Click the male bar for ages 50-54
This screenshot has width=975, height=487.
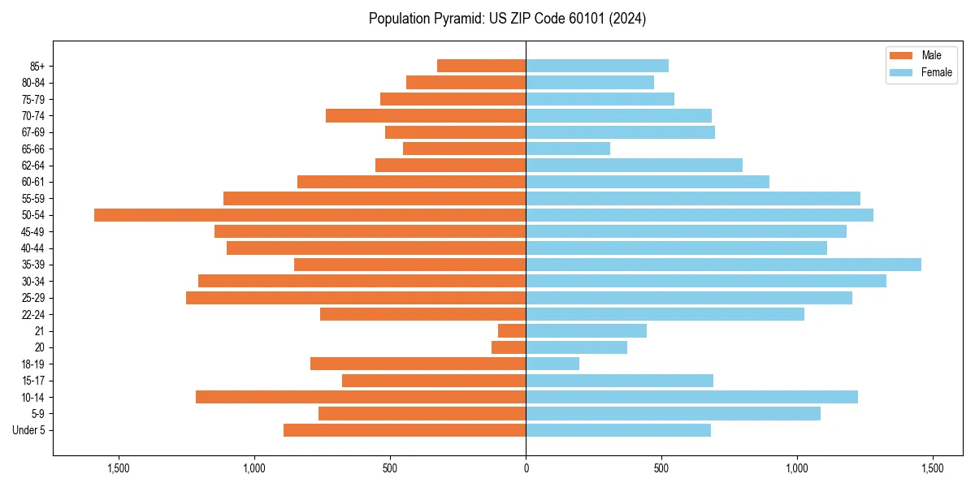pyautogui.click(x=310, y=215)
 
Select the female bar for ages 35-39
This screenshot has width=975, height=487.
pyautogui.click(x=723, y=265)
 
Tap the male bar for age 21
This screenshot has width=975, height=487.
pyautogui.click(x=512, y=331)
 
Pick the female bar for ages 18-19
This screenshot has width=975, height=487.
pyautogui.click(x=552, y=364)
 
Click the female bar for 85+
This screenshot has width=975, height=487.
pyautogui.click(x=597, y=66)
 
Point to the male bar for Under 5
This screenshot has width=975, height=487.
pyautogui.click(x=405, y=430)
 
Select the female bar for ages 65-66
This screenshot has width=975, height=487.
pyautogui.click(x=568, y=149)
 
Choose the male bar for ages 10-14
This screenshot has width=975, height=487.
pyautogui.click(x=361, y=397)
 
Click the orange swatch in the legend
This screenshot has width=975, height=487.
pyautogui.click(x=901, y=55)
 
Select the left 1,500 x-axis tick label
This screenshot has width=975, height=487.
pyautogui.click(x=119, y=469)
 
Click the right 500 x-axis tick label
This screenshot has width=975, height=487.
pyautogui.click(x=661, y=469)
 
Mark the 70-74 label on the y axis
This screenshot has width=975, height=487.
pyautogui.click(x=32, y=116)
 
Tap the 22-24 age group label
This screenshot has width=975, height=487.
pyautogui.click(x=32, y=315)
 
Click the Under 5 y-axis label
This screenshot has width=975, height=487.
pyautogui.click(x=28, y=430)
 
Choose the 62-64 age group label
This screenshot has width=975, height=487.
pyautogui.click(x=32, y=166)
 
